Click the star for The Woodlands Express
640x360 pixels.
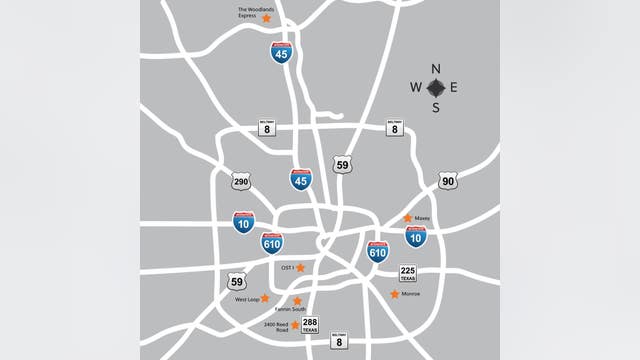pyautogui.click(x=266, y=18)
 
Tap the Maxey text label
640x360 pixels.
pyautogui.click(x=423, y=218)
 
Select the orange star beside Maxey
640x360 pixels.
pyautogui.click(x=407, y=218)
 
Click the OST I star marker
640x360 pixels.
pyautogui.click(x=300, y=268)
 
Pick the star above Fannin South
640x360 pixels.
pyautogui.click(x=297, y=300)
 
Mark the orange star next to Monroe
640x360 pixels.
pyautogui.click(x=394, y=294)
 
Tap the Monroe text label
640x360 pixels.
pyautogui.click(x=411, y=294)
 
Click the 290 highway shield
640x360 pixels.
pyautogui.click(x=240, y=181)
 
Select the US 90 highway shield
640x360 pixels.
pyautogui.click(x=447, y=180)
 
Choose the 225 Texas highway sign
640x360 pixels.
pyautogui.click(x=408, y=273)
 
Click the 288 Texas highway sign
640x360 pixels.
pyautogui.click(x=310, y=325)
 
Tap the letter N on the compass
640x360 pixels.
pyautogui.click(x=435, y=69)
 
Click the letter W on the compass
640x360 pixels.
pyautogui.click(x=416, y=88)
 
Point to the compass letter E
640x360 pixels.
pyautogui.click(x=453, y=88)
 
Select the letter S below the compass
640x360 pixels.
pyautogui.click(x=435, y=107)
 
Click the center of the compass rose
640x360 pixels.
pyautogui.click(x=435, y=88)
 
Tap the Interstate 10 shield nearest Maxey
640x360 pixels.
pyautogui.click(x=416, y=236)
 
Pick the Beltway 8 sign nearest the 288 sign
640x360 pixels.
pyautogui.click(x=339, y=341)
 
